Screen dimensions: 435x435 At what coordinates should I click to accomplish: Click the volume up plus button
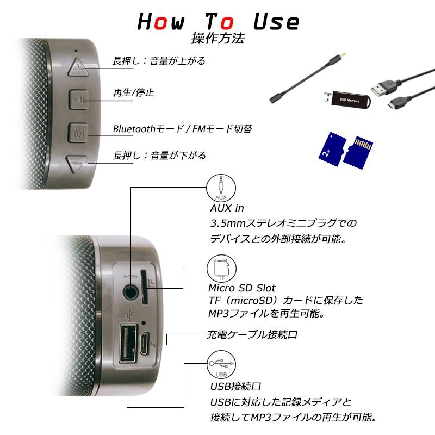click(x=78, y=67)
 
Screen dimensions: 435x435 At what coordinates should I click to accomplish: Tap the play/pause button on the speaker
click(x=79, y=100)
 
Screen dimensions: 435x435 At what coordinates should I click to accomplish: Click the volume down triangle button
click(x=76, y=164)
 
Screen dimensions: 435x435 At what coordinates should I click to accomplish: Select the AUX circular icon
click(x=221, y=188)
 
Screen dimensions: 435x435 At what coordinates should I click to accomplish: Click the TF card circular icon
click(x=222, y=269)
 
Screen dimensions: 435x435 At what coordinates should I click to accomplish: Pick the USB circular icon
click(x=221, y=364)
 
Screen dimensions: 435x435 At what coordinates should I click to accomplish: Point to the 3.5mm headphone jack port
click(x=130, y=291)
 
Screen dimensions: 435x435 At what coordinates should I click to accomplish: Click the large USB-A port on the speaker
click(x=128, y=343)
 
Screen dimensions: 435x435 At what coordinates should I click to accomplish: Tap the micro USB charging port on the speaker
click(x=144, y=343)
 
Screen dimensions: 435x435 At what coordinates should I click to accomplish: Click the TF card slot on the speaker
click(x=144, y=287)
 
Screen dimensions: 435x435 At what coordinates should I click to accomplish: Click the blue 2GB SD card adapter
click(x=332, y=148)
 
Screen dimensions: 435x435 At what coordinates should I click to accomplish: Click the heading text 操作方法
click(x=218, y=38)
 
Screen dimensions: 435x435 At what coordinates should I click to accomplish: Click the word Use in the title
click(x=276, y=22)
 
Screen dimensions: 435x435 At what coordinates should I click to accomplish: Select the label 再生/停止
click(x=133, y=92)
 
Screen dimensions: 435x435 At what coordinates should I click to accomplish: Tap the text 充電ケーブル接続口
click(x=252, y=334)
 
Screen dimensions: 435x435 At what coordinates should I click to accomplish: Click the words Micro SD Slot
click(x=242, y=288)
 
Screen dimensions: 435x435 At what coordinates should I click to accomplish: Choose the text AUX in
click(x=227, y=208)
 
